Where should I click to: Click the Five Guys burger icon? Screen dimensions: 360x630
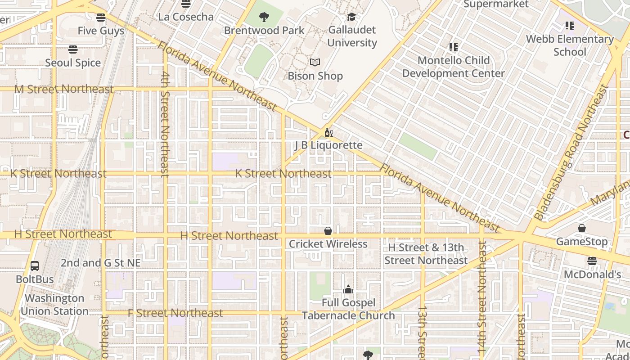(101, 18)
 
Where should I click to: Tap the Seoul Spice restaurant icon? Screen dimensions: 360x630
(73, 49)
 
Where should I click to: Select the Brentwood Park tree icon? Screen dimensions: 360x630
(264, 18)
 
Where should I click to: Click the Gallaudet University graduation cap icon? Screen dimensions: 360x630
(351, 17)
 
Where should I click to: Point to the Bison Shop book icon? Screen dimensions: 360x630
(315, 63)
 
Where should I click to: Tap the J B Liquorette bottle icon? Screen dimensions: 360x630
(328, 132)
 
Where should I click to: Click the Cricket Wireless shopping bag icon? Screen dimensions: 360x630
(328, 231)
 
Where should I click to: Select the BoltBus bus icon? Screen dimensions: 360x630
(35, 266)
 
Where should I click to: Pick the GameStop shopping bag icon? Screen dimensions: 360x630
(582, 229)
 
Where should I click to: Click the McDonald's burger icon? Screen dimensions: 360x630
(592, 261)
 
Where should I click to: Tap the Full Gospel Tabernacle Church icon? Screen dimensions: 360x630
(348, 289)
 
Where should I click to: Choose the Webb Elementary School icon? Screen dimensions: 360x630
(570, 26)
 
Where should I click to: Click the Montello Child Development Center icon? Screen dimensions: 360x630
(453, 47)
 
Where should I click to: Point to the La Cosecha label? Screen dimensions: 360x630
(186, 17)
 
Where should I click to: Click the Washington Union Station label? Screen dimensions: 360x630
(54, 305)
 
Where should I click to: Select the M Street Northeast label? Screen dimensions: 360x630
(64, 89)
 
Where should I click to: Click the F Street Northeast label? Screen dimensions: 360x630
(175, 313)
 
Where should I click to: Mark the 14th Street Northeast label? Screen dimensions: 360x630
(481, 297)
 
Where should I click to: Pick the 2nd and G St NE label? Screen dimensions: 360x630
(101, 263)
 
